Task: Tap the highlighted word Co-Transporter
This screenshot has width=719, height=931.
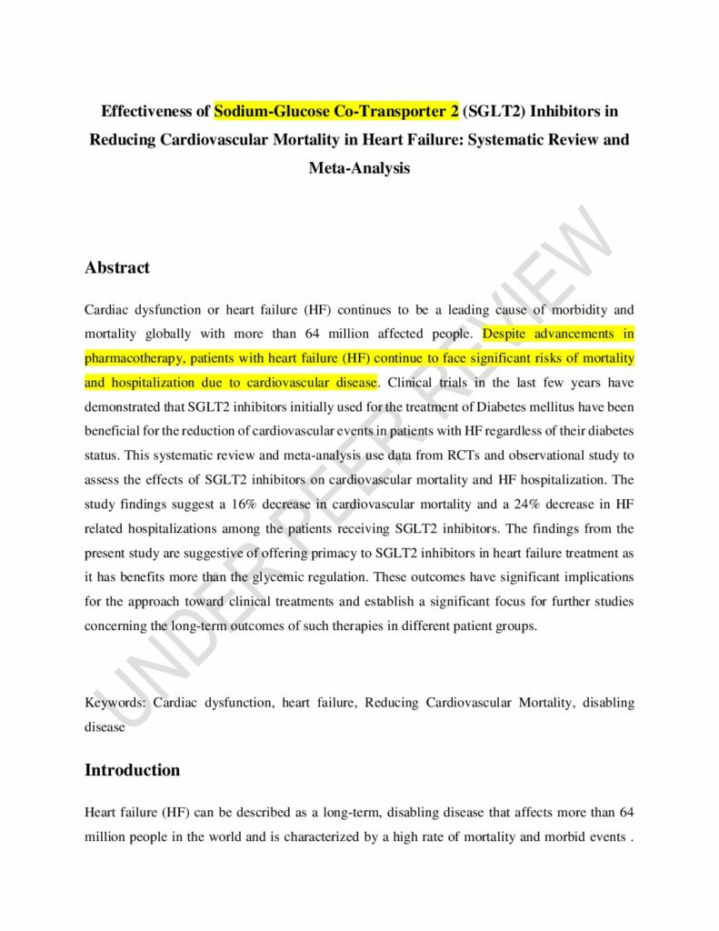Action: click(382, 113)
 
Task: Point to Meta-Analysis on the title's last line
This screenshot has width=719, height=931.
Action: click(359, 168)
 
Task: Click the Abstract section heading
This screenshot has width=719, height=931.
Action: click(117, 268)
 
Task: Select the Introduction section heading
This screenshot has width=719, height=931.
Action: click(133, 770)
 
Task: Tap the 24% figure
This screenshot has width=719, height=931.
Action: click(557, 504)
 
